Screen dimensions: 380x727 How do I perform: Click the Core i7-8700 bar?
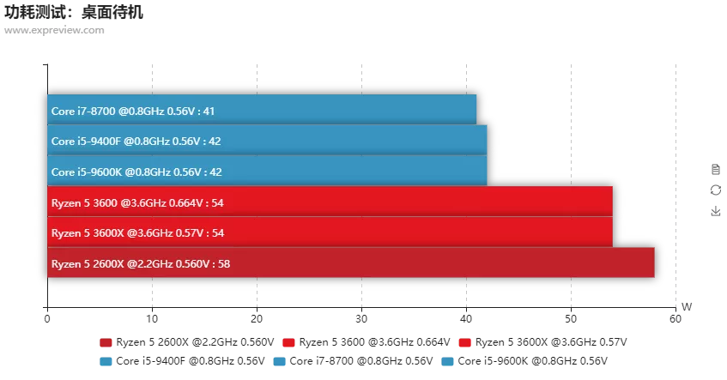click(262, 110)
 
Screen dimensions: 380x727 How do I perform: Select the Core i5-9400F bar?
click(267, 141)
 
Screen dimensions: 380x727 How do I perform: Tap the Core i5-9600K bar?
click(267, 171)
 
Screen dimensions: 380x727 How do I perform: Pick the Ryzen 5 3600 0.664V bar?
click(330, 202)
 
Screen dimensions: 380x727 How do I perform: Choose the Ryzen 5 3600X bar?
click(330, 232)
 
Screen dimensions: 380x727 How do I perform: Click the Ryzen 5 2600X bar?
click(350, 262)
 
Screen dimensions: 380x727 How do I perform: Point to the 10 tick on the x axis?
click(152, 319)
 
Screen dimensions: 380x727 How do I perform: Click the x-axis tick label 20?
click(257, 319)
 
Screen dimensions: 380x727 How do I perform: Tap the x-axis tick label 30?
click(361, 319)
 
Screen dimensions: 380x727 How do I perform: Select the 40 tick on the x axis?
click(466, 319)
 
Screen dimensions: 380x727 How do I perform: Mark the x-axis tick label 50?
click(571, 319)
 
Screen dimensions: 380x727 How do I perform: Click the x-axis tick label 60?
click(676, 319)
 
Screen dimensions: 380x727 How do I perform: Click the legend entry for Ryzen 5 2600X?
click(187, 342)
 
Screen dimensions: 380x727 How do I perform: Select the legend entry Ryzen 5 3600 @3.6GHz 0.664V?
click(366, 342)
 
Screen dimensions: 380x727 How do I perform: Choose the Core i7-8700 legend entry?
click(353, 361)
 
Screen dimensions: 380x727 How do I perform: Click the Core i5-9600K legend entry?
click(524, 361)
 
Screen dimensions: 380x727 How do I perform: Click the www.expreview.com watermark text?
click(54, 31)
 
